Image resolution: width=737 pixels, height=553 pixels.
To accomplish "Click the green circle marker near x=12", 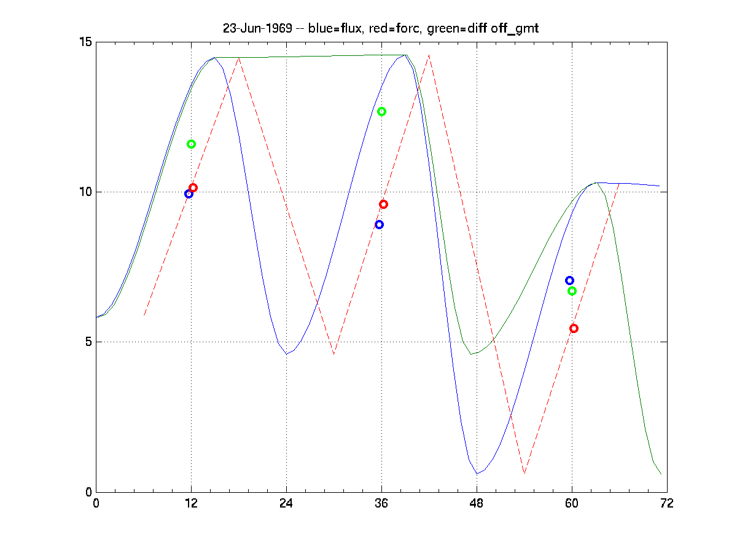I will point(191,144).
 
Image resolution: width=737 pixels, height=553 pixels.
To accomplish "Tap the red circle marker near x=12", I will point(193,187).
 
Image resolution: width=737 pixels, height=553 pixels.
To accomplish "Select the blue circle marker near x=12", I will point(189,194).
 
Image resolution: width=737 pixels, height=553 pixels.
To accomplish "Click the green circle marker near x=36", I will point(381,111).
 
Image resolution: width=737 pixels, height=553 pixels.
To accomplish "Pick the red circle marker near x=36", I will point(383,204).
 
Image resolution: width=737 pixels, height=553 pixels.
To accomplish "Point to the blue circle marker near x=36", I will point(379,224).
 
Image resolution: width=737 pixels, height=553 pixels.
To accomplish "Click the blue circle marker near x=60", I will point(569,280).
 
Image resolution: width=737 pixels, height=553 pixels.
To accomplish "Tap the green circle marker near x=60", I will point(572,291).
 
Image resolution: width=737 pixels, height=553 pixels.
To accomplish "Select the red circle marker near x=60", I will point(574,328).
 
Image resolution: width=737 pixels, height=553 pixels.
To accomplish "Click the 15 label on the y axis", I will point(85,42).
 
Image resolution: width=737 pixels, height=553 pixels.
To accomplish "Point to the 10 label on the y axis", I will point(85,192).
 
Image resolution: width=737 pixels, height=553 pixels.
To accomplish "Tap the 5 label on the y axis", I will point(88,342).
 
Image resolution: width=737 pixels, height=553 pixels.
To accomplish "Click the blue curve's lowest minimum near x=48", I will point(477,474).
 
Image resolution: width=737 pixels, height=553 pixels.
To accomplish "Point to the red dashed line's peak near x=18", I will point(238,57).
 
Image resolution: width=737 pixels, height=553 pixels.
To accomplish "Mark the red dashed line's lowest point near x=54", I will point(524,474).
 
